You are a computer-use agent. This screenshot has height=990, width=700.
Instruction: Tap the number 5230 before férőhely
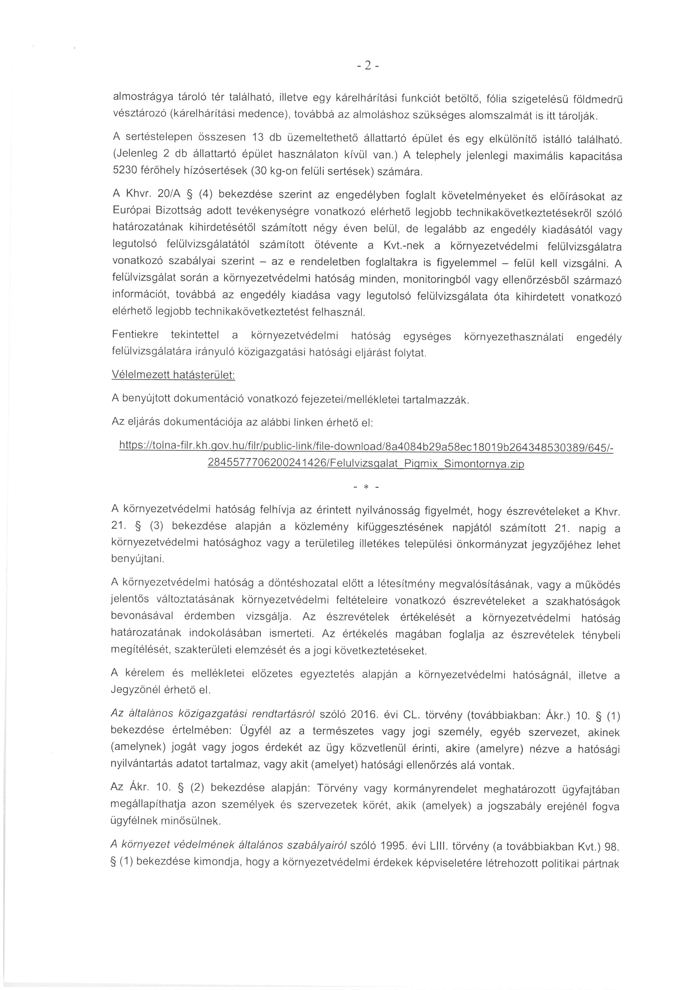[125, 170]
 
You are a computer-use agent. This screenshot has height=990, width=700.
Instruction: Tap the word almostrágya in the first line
[140, 97]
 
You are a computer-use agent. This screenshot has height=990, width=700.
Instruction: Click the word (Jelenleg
[132, 154]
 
